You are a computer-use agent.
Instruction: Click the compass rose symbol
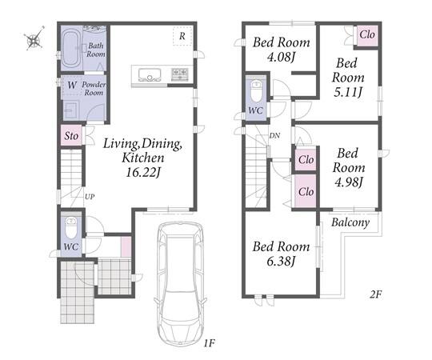(x=34, y=38)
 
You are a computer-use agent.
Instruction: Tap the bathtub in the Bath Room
(x=71, y=49)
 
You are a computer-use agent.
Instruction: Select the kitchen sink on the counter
(x=150, y=75)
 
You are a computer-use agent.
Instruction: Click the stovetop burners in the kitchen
(x=180, y=74)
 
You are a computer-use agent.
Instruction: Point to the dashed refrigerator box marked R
(x=182, y=36)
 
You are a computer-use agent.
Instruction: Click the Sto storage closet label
(x=71, y=136)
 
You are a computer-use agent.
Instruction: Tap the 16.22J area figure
(x=143, y=173)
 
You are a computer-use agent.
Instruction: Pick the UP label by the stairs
(x=90, y=197)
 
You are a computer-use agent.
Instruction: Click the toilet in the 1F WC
(x=71, y=227)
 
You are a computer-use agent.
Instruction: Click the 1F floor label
(x=209, y=343)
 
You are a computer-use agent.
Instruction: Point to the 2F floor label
(x=375, y=294)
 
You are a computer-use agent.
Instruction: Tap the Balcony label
(x=350, y=222)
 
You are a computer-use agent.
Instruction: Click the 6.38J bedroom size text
(x=281, y=261)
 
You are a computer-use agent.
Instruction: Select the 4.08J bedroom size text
(x=282, y=57)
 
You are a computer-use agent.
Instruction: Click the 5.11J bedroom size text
(x=348, y=92)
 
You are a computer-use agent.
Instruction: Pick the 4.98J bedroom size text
(x=349, y=182)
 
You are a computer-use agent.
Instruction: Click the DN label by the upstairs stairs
(x=274, y=135)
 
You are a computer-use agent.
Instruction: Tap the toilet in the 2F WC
(x=257, y=91)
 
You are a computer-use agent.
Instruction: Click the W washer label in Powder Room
(x=72, y=85)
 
